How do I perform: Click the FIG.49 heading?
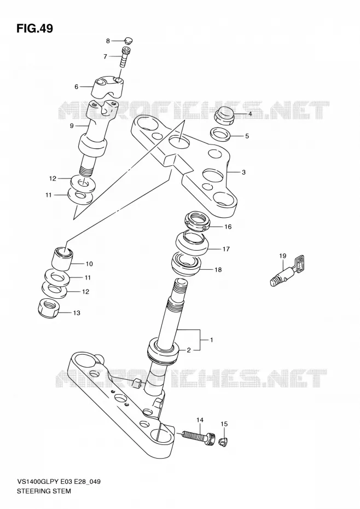(x=34, y=28)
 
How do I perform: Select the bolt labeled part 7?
(x=126, y=57)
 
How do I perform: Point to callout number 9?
(x=72, y=126)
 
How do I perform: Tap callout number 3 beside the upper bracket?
(x=243, y=172)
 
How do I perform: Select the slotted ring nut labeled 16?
(x=198, y=221)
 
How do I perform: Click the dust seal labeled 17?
(x=193, y=244)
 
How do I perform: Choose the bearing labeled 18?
(x=187, y=263)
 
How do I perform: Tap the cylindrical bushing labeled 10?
(x=63, y=258)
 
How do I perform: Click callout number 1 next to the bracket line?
(x=211, y=340)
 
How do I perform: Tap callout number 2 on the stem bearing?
(x=188, y=350)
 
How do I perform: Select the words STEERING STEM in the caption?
(x=44, y=491)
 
